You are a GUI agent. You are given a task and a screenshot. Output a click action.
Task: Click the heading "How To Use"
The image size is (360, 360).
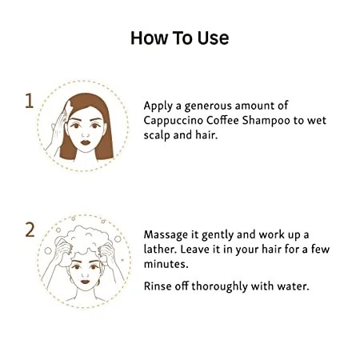click(x=180, y=38)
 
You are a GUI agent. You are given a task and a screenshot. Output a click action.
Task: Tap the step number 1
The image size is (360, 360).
click(x=30, y=101)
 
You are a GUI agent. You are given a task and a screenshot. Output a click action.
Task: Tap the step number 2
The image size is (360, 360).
click(x=30, y=230)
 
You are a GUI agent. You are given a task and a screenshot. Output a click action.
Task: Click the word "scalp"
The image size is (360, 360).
click(x=157, y=135)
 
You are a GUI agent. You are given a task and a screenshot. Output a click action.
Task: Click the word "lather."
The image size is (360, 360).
click(x=160, y=250)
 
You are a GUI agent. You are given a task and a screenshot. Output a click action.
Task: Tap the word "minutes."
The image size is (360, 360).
click(x=166, y=264)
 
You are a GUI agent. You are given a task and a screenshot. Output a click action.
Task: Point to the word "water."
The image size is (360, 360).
click(x=293, y=286)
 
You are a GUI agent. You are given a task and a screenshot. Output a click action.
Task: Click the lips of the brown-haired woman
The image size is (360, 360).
click(x=86, y=142)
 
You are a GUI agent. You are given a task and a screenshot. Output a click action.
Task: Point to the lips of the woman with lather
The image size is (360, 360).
click(x=85, y=282)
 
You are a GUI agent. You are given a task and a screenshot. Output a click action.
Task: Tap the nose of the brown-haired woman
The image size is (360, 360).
click(x=86, y=134)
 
